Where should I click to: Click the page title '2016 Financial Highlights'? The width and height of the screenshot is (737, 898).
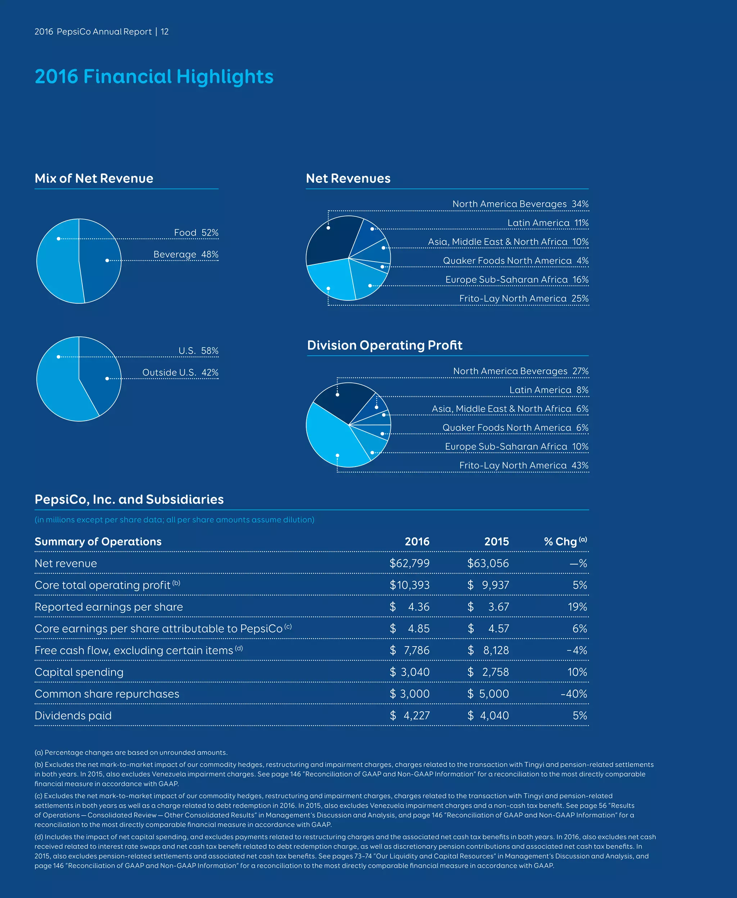tap(154, 77)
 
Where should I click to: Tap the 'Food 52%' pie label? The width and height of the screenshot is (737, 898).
tap(196, 232)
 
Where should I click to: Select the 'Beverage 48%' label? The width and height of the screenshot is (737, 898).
tap(186, 254)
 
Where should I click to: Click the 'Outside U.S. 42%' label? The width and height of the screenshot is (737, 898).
tap(180, 372)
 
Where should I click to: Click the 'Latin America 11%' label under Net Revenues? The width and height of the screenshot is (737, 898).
tap(548, 223)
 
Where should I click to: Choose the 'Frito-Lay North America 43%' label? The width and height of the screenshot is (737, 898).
tap(524, 465)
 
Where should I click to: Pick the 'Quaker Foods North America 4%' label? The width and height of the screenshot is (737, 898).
tap(515, 260)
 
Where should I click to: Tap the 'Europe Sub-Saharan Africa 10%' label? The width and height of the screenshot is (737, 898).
tap(516, 446)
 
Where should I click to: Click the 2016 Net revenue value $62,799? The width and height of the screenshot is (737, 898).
tap(409, 563)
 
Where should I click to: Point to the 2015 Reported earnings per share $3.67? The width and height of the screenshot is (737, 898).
tap(488, 607)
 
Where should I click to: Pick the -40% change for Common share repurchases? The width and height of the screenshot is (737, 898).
tap(574, 694)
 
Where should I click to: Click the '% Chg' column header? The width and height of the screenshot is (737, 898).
tap(565, 541)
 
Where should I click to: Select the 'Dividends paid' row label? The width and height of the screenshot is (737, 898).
tap(73, 716)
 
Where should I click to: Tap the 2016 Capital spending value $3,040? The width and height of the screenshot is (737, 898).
tap(409, 672)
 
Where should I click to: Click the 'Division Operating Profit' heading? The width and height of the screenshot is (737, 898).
tap(384, 345)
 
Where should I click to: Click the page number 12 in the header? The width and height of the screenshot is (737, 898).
tap(165, 32)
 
